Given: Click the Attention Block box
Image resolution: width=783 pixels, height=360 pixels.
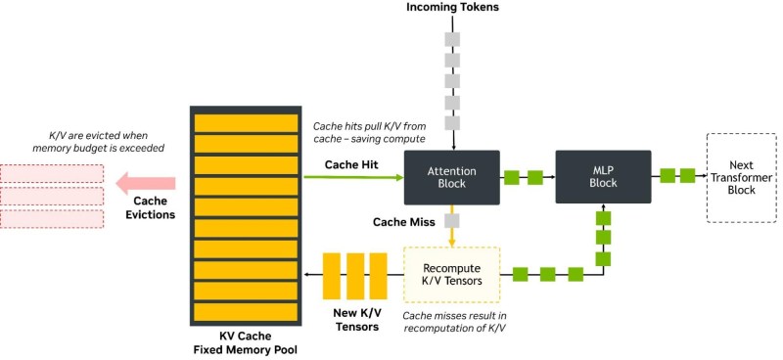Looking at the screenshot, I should (451, 177).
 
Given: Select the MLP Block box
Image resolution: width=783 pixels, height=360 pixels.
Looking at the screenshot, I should (603, 177).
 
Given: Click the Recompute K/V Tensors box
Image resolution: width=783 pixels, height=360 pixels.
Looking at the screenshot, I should (451, 274).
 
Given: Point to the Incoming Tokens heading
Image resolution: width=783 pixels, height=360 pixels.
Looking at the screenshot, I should (451, 9).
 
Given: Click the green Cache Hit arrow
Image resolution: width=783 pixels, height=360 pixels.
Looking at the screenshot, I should (352, 178).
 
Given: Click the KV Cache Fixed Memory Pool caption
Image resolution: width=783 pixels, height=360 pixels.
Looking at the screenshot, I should (245, 342).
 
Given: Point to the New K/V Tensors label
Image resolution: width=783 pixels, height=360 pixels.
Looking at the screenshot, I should (355, 319).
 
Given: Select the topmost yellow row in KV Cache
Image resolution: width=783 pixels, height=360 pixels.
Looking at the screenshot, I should (246, 122).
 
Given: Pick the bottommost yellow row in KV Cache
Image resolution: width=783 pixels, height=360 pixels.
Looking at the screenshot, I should (246, 312).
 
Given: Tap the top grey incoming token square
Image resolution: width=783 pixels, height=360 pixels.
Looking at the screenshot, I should (451, 39).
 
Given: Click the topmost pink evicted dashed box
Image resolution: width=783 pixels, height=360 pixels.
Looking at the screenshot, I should (51, 173).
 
